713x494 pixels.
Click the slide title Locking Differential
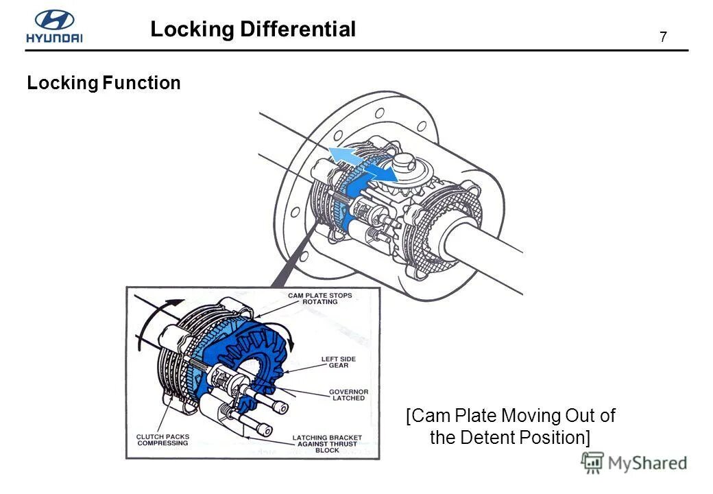(253, 29)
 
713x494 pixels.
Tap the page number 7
(663, 38)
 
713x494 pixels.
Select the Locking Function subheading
(104, 83)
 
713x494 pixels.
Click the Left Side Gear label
(338, 362)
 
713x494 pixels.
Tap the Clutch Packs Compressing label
(162, 440)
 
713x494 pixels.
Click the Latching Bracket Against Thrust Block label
(327, 443)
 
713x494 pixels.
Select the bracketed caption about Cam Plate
(510, 426)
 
